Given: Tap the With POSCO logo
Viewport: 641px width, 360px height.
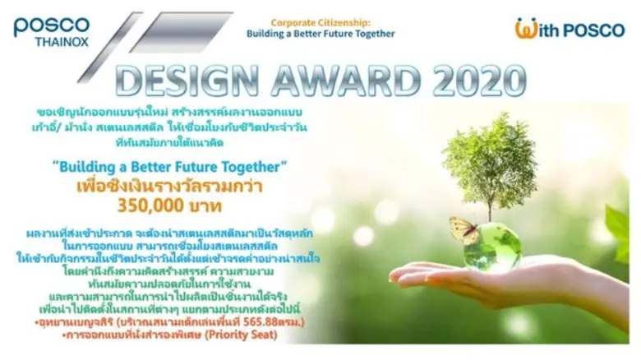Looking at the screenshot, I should pyautogui.click(x=569, y=29).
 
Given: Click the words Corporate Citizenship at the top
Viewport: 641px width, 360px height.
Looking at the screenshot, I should pyautogui.click(x=320, y=22).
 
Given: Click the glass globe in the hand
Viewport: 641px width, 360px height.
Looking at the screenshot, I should pyautogui.click(x=492, y=246).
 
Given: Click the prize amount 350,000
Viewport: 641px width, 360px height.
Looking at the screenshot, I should pyautogui.click(x=146, y=203).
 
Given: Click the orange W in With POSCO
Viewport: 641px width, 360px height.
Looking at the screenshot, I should pyautogui.click(x=526, y=29).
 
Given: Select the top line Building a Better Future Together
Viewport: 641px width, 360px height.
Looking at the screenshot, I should pyautogui.click(x=320, y=34).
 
